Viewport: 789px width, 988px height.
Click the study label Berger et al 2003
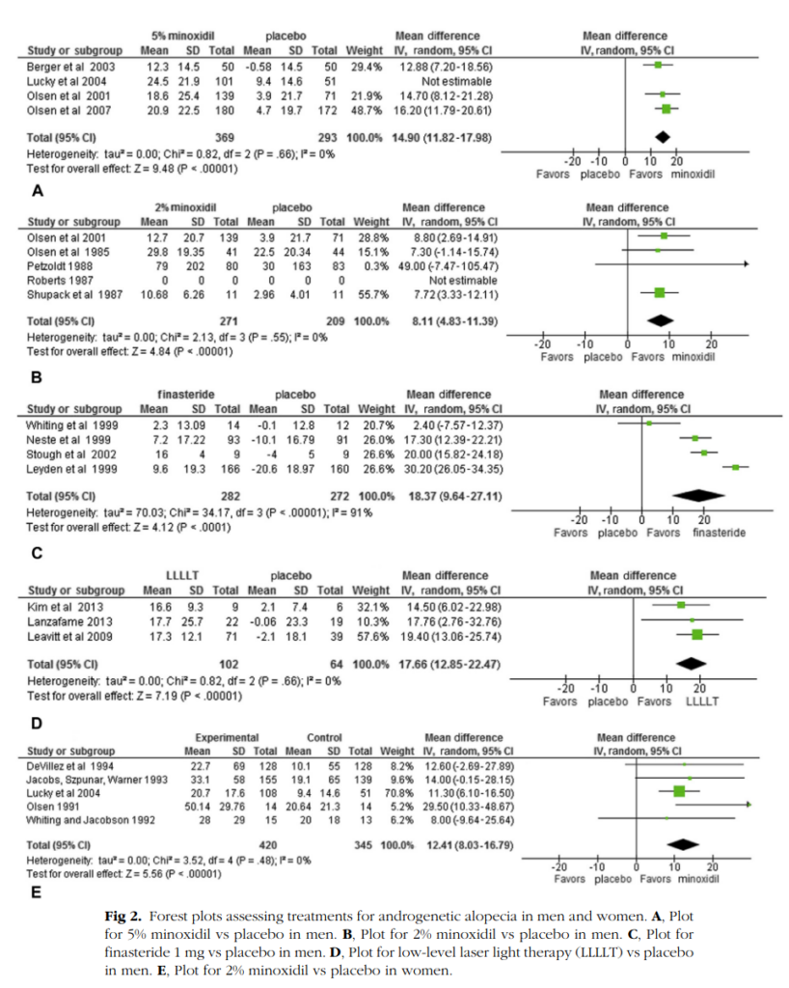70,67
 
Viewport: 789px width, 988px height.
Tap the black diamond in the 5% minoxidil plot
662,137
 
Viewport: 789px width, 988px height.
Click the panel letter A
38,190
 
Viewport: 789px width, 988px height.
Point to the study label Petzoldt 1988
60,266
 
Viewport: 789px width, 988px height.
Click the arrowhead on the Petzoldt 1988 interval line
747,264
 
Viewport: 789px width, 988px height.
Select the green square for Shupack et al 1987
660,292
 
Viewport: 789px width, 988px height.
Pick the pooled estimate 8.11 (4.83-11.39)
455,321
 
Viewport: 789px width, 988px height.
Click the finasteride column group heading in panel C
186,395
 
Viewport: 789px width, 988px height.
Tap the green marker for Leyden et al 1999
735,467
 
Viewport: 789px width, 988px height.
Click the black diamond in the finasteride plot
698,495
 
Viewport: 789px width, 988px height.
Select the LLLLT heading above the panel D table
182,575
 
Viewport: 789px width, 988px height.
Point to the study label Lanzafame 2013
69,621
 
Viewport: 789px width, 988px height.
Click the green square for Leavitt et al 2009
696,635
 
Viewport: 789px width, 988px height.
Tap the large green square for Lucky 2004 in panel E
679,791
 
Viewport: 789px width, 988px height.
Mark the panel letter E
37,892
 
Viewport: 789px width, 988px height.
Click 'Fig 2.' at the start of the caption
122,917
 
